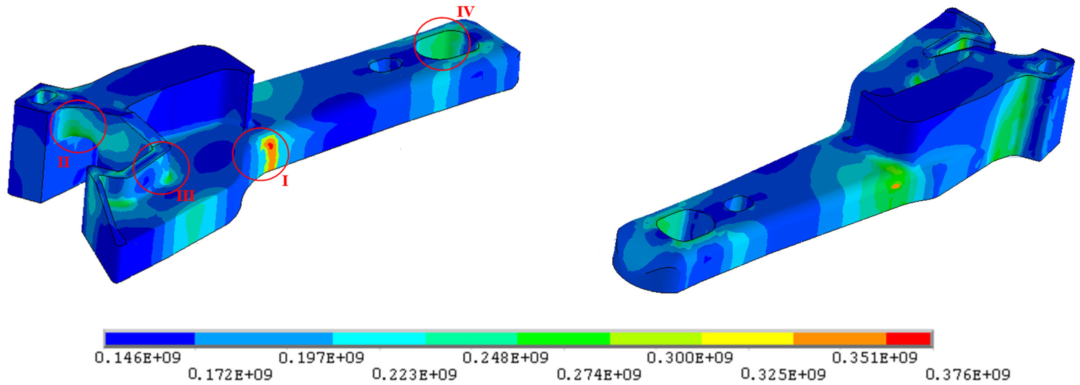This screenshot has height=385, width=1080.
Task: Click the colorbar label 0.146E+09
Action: tap(138, 357)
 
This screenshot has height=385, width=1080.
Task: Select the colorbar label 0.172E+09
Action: tap(230, 374)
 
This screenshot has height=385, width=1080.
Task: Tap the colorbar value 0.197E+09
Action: tap(322, 357)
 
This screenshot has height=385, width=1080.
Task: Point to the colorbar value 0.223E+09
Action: tap(414, 374)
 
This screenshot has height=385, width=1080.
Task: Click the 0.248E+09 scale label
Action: tap(506, 357)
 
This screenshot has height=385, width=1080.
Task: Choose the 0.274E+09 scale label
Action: tap(599, 374)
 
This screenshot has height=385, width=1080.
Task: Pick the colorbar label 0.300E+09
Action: tap(690, 357)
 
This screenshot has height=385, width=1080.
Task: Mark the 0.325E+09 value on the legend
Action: tap(783, 374)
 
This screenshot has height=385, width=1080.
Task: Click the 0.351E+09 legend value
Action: tap(874, 357)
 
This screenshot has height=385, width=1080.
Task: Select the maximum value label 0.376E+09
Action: tap(968, 374)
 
